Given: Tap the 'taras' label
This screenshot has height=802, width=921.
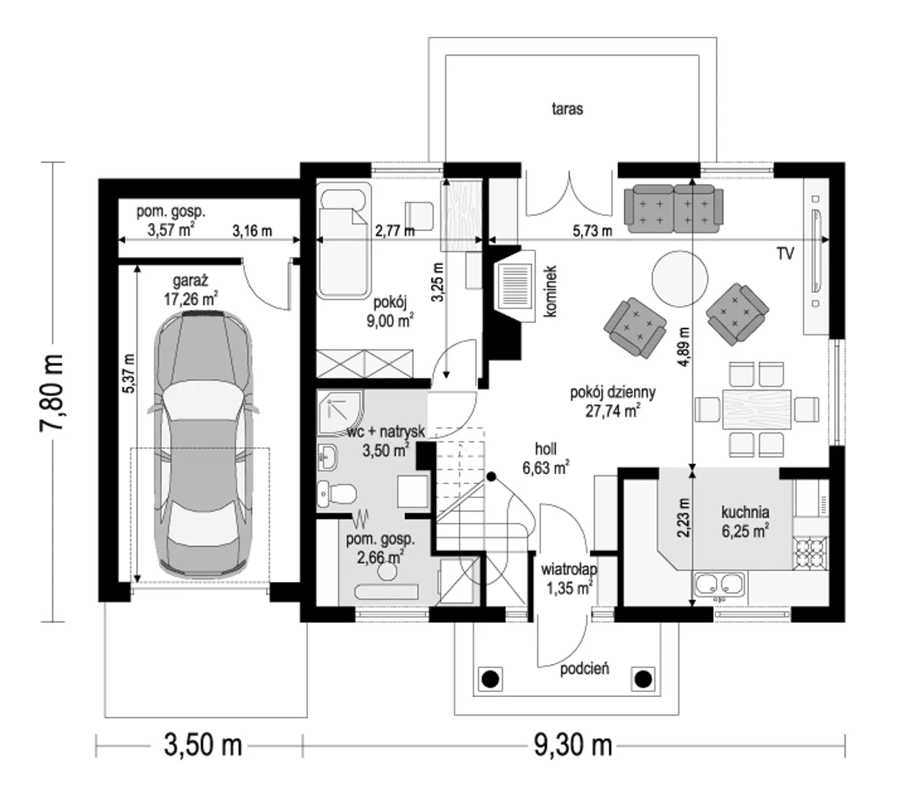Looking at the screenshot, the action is (x=567, y=109).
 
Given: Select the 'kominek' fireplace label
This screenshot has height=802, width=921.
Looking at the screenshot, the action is (x=550, y=291).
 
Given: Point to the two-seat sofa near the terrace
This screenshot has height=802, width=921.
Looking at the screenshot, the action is (x=673, y=209).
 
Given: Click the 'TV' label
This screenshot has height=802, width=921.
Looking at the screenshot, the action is (x=785, y=254).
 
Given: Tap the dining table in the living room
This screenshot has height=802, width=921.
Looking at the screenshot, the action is (x=757, y=409).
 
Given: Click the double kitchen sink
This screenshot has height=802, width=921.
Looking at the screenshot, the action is (x=720, y=584).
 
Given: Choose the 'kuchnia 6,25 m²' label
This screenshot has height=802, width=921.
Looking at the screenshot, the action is (x=745, y=521).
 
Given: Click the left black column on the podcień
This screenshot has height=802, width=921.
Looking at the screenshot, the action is (x=490, y=678).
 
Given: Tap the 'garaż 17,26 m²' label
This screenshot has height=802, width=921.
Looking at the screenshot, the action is (x=191, y=290).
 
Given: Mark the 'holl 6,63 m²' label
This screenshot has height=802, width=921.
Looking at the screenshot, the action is (x=545, y=458).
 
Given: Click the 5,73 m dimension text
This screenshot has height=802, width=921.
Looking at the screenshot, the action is (x=592, y=231).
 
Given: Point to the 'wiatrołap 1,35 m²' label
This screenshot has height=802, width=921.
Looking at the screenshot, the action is (x=569, y=579).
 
